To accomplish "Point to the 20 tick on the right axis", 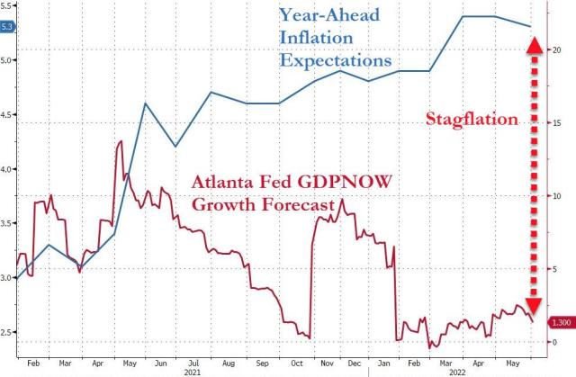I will (558, 49).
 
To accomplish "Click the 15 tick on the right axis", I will (558, 122).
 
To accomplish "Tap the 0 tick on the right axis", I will (554, 342).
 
